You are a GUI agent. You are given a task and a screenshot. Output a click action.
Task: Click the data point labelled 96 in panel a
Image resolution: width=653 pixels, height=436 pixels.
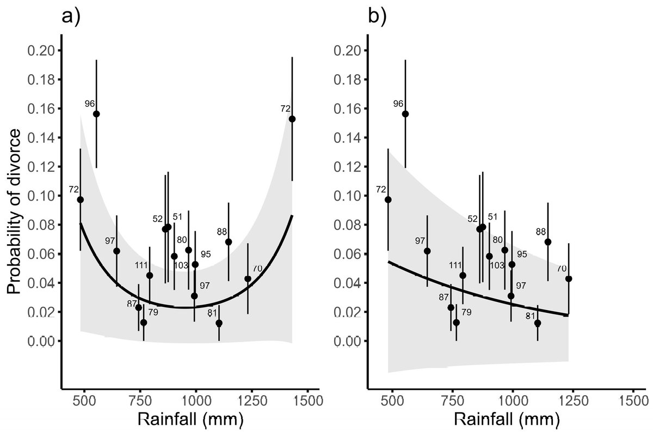96,114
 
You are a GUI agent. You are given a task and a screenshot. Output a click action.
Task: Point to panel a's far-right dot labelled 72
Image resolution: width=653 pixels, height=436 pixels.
292,119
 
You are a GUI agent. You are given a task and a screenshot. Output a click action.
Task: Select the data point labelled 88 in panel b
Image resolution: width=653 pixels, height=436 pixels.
548,241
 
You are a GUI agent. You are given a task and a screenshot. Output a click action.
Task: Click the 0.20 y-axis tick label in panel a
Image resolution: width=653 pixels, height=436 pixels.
41,51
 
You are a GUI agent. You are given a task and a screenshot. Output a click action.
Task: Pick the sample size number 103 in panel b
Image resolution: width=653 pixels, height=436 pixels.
497,265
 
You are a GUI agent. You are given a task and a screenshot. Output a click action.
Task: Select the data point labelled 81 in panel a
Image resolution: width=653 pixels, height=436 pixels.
219,323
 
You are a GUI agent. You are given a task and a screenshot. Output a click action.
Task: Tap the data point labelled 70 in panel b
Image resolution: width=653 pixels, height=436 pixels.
569,278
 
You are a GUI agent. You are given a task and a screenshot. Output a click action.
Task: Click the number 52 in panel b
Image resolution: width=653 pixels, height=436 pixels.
472,219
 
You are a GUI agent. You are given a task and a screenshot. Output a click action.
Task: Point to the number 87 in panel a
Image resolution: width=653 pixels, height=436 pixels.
131,304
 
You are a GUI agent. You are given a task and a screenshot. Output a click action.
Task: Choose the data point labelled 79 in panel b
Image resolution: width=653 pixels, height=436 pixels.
456,323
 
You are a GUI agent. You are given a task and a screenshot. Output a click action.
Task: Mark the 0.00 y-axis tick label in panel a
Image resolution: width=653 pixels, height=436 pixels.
41,341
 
